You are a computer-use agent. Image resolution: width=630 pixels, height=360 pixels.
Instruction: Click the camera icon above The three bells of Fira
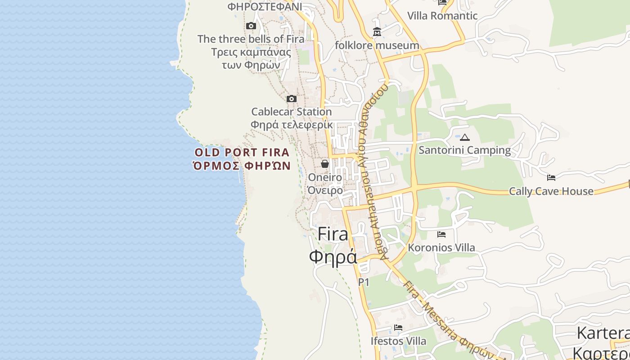(251, 26)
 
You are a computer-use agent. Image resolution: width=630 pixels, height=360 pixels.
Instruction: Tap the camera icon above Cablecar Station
(292, 99)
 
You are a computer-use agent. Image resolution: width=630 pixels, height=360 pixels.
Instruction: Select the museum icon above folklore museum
(377, 32)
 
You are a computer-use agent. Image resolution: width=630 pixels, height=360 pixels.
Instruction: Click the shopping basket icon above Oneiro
(325, 164)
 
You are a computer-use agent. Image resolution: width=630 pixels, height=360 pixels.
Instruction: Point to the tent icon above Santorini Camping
(465, 137)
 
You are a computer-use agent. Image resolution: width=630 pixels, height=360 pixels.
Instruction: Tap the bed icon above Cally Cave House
(551, 178)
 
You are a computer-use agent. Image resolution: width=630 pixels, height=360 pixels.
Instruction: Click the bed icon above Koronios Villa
(441, 234)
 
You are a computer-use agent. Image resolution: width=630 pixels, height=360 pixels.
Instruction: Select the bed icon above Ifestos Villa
(398, 328)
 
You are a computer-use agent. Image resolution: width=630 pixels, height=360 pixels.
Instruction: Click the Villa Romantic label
(442, 16)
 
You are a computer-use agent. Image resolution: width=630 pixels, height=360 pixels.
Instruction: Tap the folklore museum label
(377, 45)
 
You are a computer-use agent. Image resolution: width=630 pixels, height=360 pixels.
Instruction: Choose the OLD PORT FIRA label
(242, 152)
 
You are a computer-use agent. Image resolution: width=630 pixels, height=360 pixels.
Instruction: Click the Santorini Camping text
(465, 150)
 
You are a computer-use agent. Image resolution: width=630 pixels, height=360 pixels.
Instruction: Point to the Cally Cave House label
(551, 191)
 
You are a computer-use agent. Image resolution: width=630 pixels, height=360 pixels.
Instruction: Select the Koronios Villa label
(441, 247)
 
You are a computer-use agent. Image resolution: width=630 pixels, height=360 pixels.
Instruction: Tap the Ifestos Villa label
(398, 341)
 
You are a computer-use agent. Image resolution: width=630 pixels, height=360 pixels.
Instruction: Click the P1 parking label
(364, 282)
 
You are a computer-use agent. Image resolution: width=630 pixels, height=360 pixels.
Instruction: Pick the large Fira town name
(333, 234)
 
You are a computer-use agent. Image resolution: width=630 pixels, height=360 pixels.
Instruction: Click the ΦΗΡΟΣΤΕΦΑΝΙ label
(265, 6)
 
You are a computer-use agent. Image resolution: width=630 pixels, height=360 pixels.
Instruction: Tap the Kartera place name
(603, 333)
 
